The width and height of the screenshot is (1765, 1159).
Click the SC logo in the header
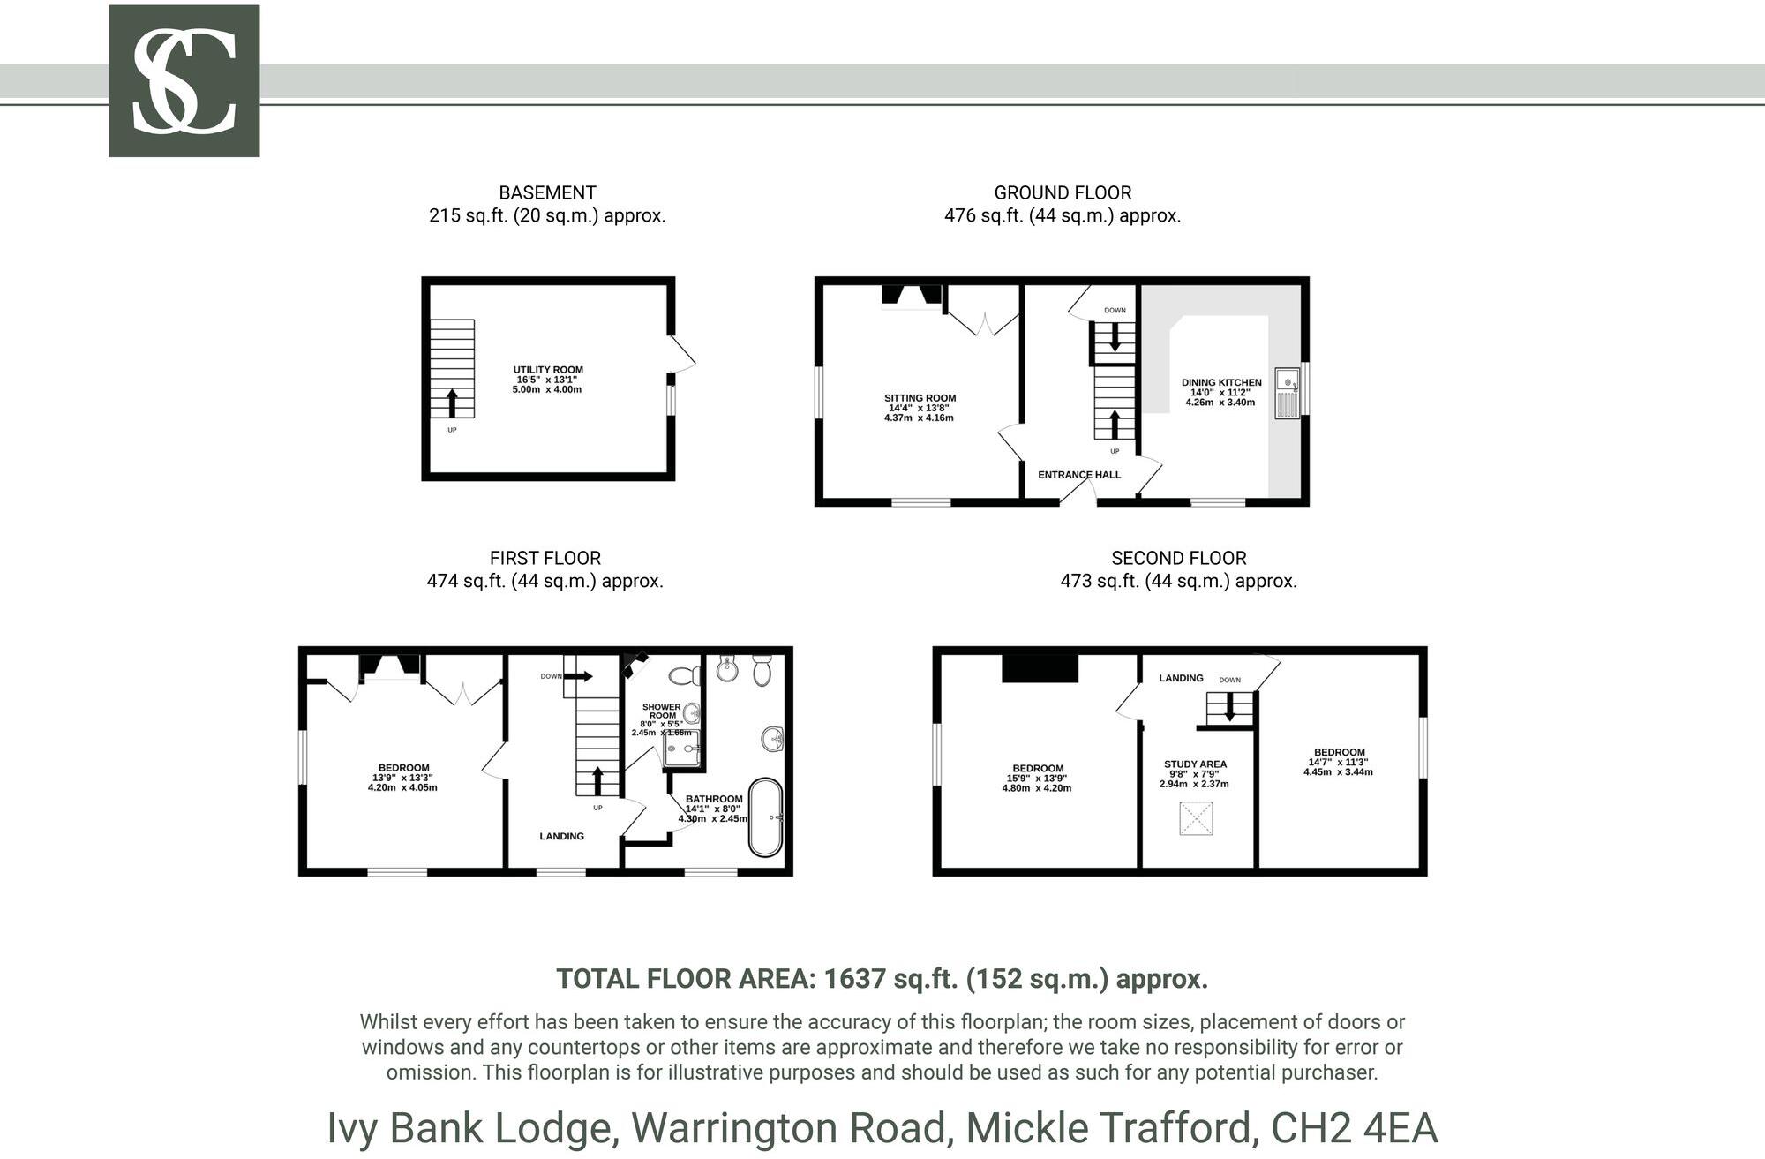click(x=184, y=81)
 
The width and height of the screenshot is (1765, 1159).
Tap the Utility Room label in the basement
click(x=548, y=371)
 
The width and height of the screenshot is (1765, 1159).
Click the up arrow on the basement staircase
click(x=453, y=403)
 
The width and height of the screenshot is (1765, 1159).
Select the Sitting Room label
click(x=920, y=399)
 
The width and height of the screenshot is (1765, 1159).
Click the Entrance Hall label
click(x=1078, y=475)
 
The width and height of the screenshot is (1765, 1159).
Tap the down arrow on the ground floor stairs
click(x=1115, y=337)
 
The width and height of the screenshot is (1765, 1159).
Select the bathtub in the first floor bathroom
click(x=765, y=817)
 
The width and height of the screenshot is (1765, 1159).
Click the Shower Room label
click(x=661, y=711)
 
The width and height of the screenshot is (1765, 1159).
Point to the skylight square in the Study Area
click(x=1196, y=818)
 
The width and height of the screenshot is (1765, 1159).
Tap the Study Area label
click(x=1195, y=764)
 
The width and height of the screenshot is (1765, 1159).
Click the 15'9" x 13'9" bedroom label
click(x=1038, y=769)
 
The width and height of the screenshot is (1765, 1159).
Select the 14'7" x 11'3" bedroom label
click(x=1339, y=753)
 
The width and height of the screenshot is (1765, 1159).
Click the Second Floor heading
click(x=1178, y=559)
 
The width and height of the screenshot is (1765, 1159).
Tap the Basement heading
click(x=547, y=193)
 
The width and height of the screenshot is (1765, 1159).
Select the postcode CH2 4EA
click(x=1354, y=1128)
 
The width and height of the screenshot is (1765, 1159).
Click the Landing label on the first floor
click(x=561, y=836)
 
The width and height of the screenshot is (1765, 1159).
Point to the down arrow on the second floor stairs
click(x=1229, y=707)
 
